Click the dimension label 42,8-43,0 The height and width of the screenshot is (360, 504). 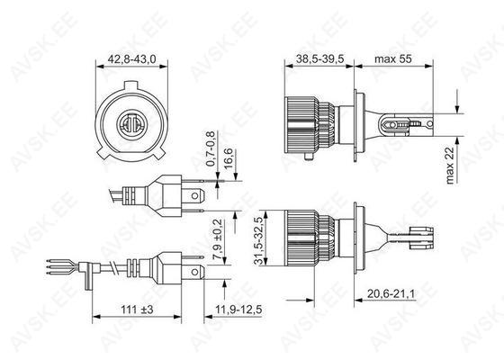131,59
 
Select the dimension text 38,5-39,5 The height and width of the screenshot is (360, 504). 320,58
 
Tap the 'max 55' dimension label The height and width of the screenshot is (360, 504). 393,58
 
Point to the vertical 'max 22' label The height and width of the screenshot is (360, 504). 450,166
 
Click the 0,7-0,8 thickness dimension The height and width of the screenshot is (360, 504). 211,148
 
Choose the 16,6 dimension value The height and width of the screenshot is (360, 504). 229,158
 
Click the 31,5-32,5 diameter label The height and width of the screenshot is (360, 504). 259,240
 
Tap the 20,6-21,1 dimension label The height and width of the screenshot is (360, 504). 391,293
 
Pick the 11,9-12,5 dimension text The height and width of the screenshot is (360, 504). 238,310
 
